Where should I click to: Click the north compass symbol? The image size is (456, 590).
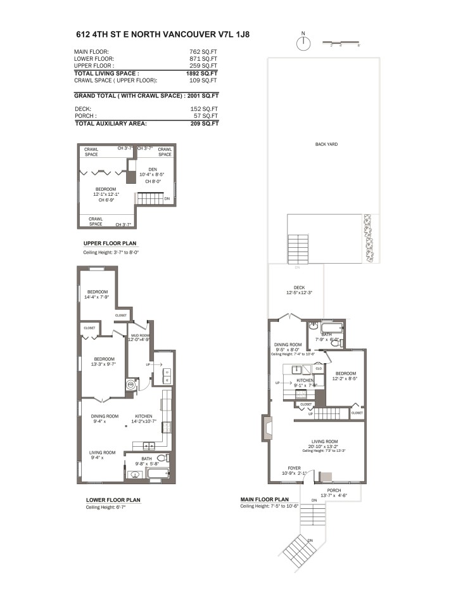click(x=304, y=43)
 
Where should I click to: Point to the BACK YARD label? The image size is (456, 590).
click(x=326, y=144)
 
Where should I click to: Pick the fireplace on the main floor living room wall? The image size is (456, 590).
click(x=264, y=429)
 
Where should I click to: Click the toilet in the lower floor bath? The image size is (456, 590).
click(x=161, y=458)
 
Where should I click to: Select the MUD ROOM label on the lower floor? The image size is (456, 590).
click(x=139, y=335)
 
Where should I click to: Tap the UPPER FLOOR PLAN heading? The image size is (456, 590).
click(x=110, y=243)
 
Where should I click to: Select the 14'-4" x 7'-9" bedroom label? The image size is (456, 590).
click(x=98, y=294)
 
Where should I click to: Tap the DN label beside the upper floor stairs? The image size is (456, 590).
click(x=167, y=199)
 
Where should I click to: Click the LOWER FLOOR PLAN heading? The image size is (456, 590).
click(x=113, y=500)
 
